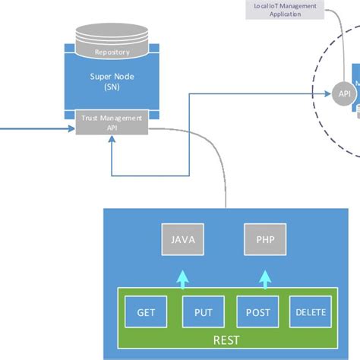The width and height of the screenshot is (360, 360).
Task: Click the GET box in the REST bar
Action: pos(146,312)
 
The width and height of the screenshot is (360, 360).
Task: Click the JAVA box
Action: pos(183,239)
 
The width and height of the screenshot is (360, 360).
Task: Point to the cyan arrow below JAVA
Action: pos(182,278)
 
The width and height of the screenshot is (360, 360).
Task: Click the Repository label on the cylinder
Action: pos(112,52)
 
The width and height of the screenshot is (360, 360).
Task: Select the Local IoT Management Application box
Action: pos(288,9)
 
